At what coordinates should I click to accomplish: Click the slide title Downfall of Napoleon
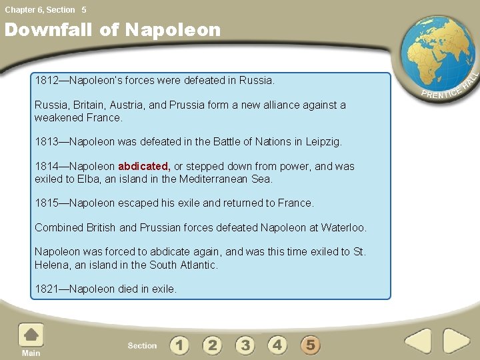pyautogui.click(x=112, y=30)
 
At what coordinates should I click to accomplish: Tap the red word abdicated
pyautogui.click(x=144, y=167)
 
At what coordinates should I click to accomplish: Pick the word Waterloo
pyautogui.click(x=343, y=228)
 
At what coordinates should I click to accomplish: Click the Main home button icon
pyautogui.click(x=31, y=336)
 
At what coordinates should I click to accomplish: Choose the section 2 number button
pyautogui.click(x=212, y=345)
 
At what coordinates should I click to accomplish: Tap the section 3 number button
pyautogui.click(x=245, y=345)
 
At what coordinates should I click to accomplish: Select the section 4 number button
pyautogui.click(x=277, y=345)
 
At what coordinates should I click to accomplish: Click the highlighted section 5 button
pyautogui.click(x=310, y=345)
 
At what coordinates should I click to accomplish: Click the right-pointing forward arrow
pyautogui.click(x=456, y=342)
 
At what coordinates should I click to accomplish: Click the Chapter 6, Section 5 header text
pyautogui.click(x=45, y=10)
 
